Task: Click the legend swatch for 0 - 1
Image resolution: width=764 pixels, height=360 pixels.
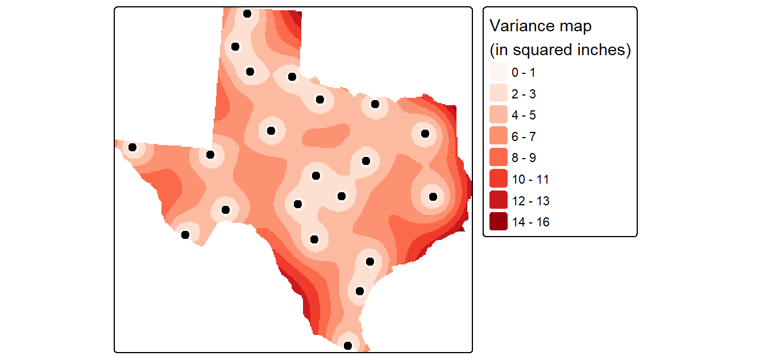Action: point(499,72)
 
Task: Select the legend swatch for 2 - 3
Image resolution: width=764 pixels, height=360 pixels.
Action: point(499,93)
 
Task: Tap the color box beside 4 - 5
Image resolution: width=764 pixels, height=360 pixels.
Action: point(499,115)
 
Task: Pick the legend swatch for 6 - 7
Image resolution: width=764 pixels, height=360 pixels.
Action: point(499,136)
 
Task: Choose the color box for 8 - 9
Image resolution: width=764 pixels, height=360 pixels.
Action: point(499,158)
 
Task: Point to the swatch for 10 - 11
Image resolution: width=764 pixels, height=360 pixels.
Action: point(499,179)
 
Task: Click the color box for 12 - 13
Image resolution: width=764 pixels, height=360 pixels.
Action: point(499,200)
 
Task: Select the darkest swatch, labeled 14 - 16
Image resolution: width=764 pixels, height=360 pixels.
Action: point(499,221)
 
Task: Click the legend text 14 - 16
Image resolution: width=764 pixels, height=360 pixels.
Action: point(531,222)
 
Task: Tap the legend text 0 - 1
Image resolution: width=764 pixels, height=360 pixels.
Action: point(524,72)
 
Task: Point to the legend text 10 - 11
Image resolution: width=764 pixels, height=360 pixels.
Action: point(530,180)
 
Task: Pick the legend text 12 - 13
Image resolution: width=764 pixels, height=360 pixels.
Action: point(531,201)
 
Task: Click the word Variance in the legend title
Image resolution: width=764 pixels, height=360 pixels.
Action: point(518,26)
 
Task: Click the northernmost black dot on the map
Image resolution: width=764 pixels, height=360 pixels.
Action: point(247,14)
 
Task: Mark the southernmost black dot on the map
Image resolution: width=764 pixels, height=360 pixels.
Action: point(347,346)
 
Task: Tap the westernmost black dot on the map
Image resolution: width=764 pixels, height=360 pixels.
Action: point(132,147)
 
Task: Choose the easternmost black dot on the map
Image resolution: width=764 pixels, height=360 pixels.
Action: point(433,197)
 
